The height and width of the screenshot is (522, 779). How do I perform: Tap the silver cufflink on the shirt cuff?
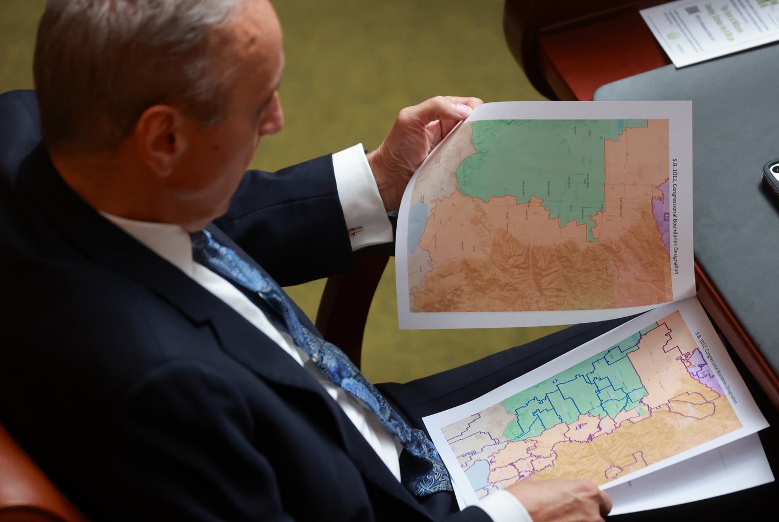point(355,230)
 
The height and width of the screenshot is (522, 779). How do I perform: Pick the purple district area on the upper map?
point(662,217)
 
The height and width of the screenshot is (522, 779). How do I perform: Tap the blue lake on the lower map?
point(477,473)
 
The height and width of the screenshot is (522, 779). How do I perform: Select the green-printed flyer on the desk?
point(709,28)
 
